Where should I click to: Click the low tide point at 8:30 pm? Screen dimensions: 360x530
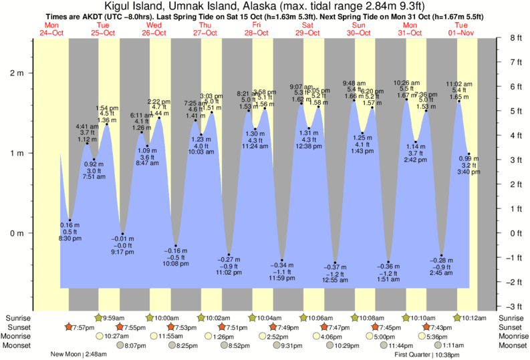[70, 220]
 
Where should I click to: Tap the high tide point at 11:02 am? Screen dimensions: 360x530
[458, 101]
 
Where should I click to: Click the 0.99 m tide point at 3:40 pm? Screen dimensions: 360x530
[469, 154]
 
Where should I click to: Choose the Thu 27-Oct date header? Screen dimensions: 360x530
[206, 29]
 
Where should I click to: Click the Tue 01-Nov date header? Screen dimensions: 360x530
[460, 29]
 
